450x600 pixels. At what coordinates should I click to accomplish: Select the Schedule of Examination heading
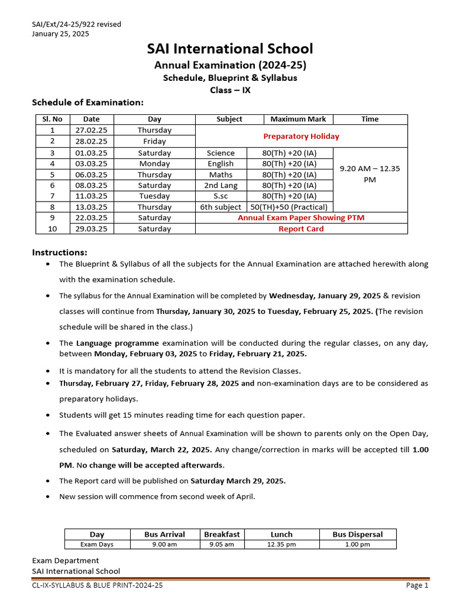coord(87,103)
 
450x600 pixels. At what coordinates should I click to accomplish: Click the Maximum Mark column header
coord(298,119)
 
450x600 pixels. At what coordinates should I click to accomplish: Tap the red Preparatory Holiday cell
coord(301,136)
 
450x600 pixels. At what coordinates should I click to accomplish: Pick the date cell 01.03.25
coord(91,153)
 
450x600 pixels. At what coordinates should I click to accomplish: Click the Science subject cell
coord(220,153)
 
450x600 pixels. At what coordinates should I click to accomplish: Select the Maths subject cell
coord(220,175)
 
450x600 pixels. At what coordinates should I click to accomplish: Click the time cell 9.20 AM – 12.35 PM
coord(370,174)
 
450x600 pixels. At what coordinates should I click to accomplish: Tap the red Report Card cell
coord(301,229)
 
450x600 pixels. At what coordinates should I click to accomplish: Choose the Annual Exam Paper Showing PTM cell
coord(301,218)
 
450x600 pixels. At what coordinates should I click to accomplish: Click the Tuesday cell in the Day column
coord(154,196)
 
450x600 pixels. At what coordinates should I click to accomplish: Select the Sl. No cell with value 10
coord(52,229)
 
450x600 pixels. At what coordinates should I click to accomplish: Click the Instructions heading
coord(59,253)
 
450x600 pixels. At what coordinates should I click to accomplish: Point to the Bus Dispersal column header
coord(357,534)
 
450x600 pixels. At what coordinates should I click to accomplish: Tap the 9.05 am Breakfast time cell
coord(221,544)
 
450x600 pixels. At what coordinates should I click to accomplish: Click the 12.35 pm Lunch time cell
coord(281,544)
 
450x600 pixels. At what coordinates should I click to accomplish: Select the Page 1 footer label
coord(417,585)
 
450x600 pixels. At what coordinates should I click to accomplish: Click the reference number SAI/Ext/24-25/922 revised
coord(76,24)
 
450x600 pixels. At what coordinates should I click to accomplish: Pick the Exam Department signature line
coord(65,561)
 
